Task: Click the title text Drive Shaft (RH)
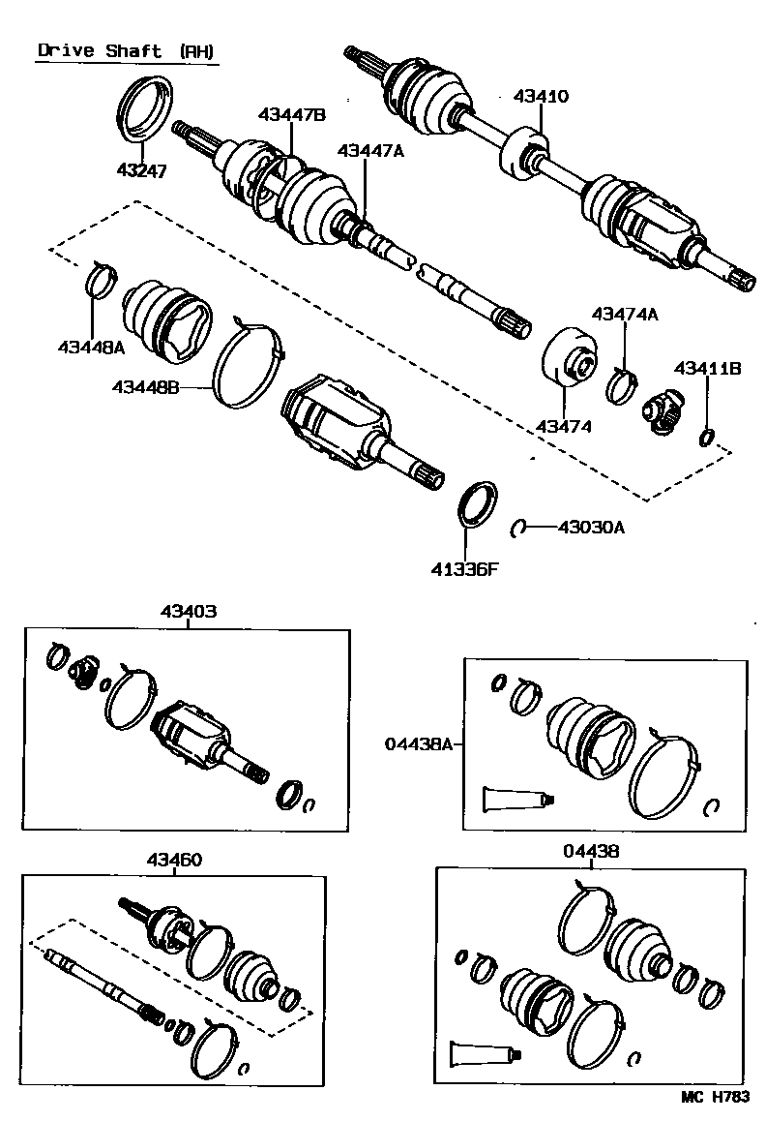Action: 127,51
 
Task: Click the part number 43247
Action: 141,170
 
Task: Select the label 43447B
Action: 291,115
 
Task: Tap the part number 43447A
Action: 369,150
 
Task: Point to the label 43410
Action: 541,96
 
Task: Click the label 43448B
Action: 145,387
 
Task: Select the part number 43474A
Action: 624,314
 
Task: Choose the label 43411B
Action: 707,368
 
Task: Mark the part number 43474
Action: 565,426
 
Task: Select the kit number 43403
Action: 189,612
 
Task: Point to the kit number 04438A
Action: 419,743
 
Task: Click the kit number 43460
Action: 175,859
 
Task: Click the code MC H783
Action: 716,1096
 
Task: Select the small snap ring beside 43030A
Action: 518,528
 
